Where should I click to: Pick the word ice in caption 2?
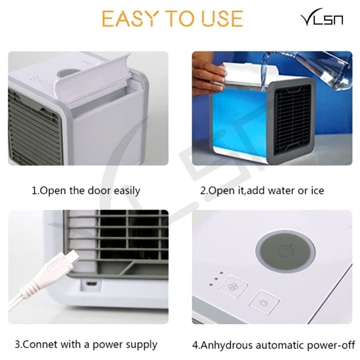316,190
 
